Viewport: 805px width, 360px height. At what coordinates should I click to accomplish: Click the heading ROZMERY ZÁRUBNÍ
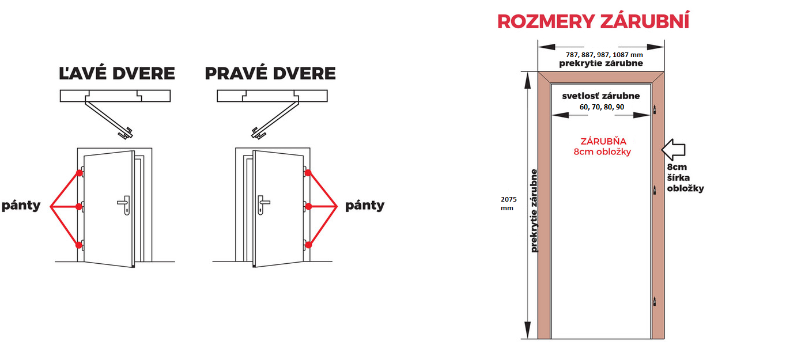(593, 22)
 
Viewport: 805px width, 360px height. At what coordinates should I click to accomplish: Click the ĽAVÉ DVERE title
(117, 74)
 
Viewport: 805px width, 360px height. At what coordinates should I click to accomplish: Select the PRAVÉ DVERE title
(270, 74)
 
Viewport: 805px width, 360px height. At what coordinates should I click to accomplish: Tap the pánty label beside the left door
(21, 206)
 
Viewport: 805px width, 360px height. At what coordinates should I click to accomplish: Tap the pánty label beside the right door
(365, 206)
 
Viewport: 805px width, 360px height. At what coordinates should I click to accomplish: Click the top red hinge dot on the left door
(78, 173)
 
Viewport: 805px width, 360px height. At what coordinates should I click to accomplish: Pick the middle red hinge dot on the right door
(308, 205)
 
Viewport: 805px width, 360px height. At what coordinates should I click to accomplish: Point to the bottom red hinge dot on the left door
(78, 245)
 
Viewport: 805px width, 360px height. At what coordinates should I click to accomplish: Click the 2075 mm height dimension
(509, 203)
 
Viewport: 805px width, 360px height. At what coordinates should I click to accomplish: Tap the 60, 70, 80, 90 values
(602, 107)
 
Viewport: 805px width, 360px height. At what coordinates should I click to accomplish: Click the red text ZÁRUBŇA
(603, 141)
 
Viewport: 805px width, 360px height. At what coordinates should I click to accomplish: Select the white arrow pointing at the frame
(673, 150)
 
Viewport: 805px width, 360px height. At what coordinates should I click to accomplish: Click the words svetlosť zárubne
(602, 96)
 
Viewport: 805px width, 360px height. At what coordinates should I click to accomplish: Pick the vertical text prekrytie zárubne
(534, 210)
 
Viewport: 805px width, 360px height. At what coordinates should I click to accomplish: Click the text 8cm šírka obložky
(685, 178)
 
